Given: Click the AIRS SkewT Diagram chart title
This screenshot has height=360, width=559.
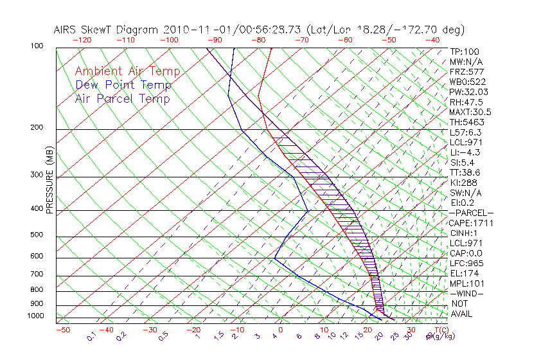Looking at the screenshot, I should coord(259,30).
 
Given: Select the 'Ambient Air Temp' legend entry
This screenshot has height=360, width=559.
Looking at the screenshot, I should coord(127,71).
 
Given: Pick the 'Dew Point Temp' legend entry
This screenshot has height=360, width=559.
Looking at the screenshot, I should coord(123,85).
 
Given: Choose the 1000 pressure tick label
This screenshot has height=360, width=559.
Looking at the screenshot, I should coord(35,316).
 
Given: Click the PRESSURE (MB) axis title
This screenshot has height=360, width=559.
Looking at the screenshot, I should coord(49,183).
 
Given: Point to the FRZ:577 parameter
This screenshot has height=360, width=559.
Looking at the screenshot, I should coord(466,71).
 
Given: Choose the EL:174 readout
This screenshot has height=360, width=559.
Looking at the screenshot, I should coord(464,273).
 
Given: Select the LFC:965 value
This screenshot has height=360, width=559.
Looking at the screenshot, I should coord(466,264).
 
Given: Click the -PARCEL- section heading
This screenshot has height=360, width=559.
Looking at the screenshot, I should coord(472,213).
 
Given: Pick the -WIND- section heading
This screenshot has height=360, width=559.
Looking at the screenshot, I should coord(467,293).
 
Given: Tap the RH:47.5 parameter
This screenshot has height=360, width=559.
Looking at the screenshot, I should coord(466,102).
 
